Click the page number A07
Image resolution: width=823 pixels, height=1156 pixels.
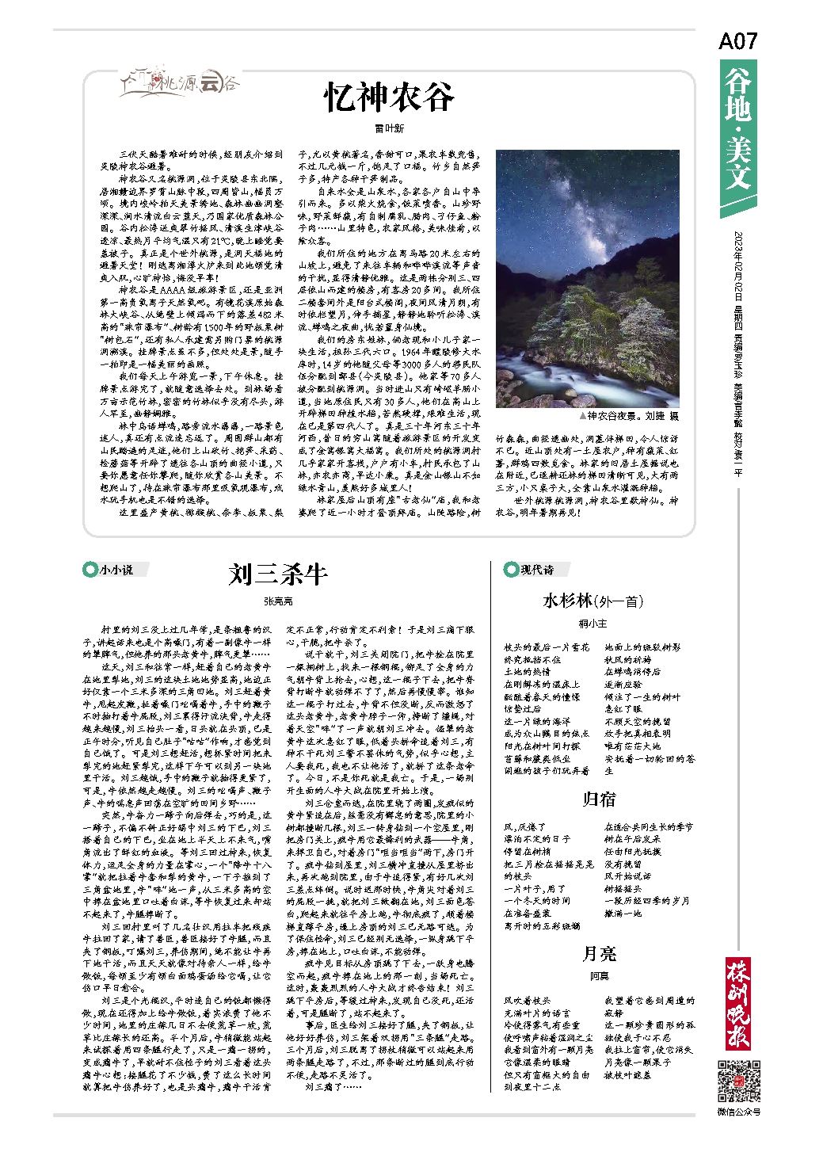(737, 41)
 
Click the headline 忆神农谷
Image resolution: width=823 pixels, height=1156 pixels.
(389, 97)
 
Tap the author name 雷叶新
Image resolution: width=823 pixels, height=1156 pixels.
(389, 128)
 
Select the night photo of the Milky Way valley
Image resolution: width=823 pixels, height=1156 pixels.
(587, 278)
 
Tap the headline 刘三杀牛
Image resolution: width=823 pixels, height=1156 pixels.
(277, 574)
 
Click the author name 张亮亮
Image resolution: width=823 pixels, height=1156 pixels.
(277, 601)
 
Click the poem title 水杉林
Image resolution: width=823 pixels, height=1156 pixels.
(592, 601)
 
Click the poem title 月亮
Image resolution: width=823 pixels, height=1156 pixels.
(598, 953)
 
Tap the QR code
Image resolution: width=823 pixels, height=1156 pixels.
(737, 1080)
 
